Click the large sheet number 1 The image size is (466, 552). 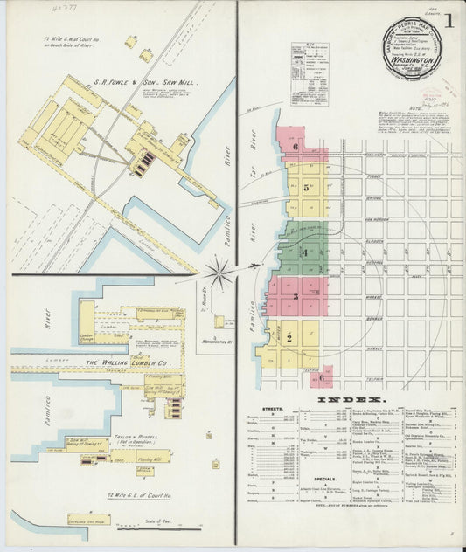tap(449, 20)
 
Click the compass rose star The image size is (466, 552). tap(219, 272)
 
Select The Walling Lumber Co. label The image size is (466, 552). tap(128, 362)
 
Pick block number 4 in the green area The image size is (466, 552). tap(304, 252)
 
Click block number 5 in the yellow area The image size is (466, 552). tap(307, 188)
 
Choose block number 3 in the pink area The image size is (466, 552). tap(296, 296)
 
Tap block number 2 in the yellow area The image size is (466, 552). tap(289, 336)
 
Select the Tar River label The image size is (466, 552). tap(256, 144)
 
